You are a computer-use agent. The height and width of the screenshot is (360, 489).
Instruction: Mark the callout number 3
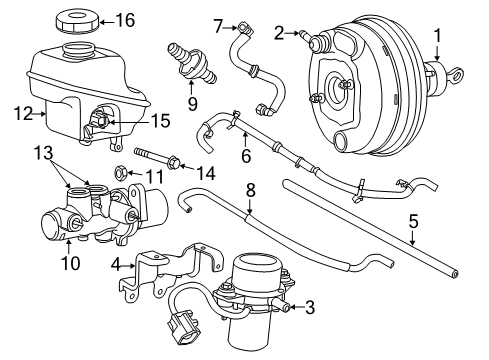(x=310, y=308)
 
